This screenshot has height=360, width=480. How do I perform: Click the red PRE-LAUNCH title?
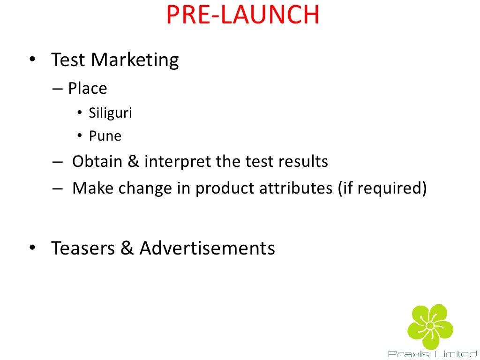(x=242, y=15)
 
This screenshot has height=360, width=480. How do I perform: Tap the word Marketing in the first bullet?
(x=135, y=60)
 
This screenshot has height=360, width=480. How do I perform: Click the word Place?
(x=88, y=89)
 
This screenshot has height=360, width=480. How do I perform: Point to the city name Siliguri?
(x=110, y=113)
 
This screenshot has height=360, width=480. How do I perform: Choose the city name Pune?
(x=105, y=136)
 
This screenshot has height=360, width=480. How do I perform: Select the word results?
(x=303, y=162)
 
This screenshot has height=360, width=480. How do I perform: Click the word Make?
(x=93, y=188)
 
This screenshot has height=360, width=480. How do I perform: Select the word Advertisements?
(x=207, y=248)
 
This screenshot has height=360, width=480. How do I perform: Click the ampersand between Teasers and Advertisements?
(x=127, y=248)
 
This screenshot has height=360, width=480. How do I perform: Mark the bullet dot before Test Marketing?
(x=32, y=60)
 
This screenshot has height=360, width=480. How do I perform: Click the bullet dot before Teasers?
(x=32, y=248)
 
